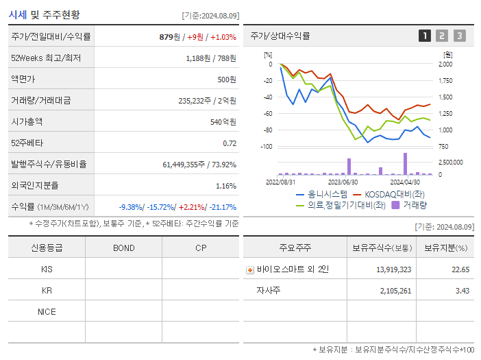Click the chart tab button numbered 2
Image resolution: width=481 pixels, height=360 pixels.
[442, 36]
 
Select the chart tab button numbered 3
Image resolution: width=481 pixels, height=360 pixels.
[459, 36]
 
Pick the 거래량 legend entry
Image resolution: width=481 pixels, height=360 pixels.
[415, 204]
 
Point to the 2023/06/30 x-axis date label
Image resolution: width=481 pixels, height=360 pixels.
[343, 182]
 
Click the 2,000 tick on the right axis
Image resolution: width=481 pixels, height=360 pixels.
[445, 64]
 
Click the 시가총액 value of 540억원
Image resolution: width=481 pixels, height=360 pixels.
[223, 122]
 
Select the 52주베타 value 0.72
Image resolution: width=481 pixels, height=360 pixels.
[230, 143]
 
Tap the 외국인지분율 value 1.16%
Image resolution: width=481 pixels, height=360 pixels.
[225, 186]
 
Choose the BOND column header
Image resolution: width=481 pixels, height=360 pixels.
[123, 248]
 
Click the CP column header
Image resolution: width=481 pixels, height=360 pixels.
[201, 248]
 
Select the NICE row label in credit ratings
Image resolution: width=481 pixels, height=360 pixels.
[47, 311]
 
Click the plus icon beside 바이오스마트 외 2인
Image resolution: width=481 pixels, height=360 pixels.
[250, 269]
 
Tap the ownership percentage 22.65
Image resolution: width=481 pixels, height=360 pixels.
[460, 269]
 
